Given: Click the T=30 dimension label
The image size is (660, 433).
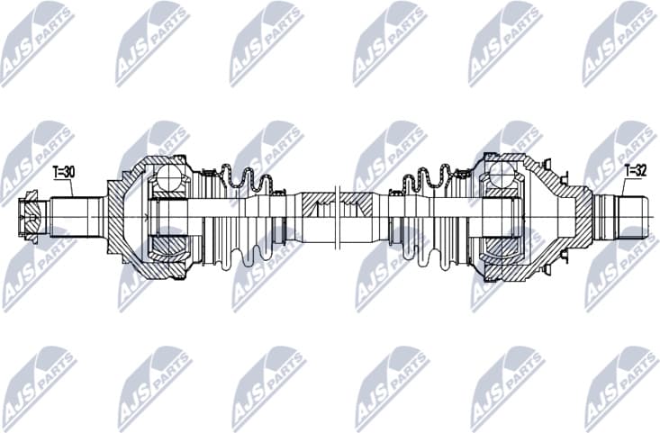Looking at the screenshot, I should pos(65,170).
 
